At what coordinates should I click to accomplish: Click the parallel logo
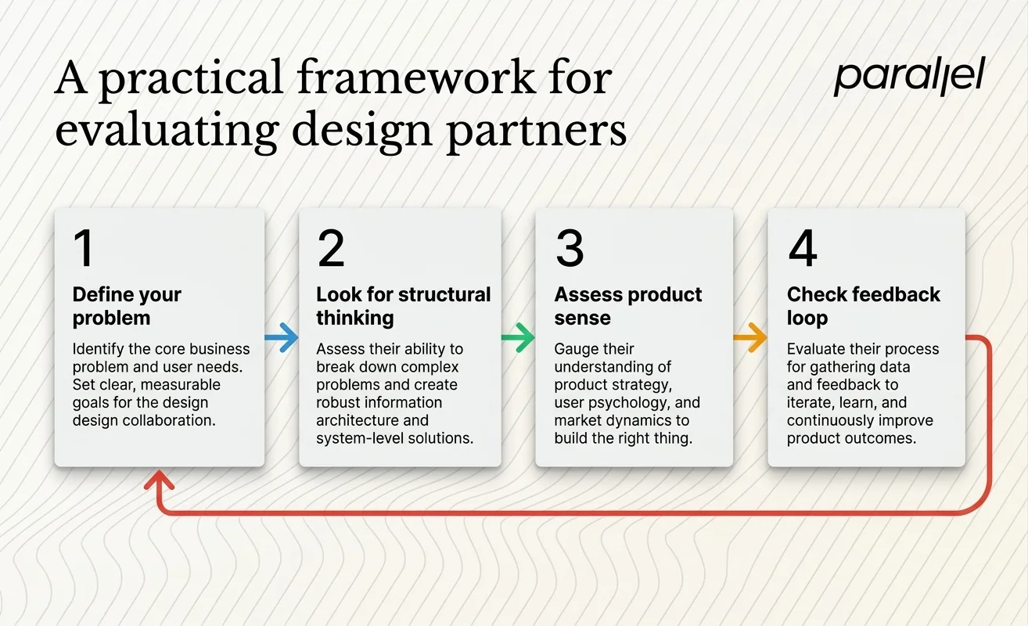[x=908, y=77]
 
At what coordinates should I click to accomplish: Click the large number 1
[x=83, y=248]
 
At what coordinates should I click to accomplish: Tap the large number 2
[x=331, y=248]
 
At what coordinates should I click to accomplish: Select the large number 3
[x=570, y=248]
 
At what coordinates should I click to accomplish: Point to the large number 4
[x=803, y=248]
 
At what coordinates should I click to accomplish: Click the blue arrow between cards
[x=282, y=338]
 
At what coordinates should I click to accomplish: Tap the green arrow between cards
[x=518, y=338]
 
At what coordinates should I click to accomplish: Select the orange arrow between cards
[x=750, y=338]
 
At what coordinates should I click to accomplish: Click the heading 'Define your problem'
[x=127, y=306]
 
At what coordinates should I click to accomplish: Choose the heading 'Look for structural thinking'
[x=403, y=306]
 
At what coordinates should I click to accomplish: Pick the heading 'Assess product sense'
[x=628, y=306]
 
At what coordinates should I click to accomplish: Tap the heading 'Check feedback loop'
[x=863, y=306]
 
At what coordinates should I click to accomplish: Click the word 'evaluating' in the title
[x=156, y=130]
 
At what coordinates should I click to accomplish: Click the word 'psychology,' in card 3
[x=636, y=403]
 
